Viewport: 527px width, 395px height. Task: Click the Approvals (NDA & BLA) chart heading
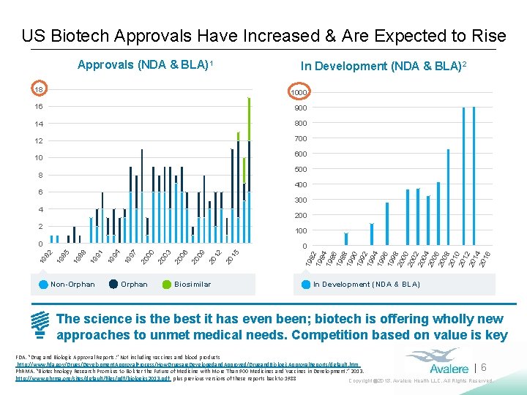point(145,64)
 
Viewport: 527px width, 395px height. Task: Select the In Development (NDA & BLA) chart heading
point(384,66)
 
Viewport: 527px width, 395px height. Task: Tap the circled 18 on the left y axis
point(39,89)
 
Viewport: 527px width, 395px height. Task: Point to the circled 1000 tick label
point(298,93)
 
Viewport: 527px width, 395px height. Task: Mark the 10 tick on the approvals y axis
point(40,158)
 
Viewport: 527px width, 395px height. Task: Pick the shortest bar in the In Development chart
point(346,238)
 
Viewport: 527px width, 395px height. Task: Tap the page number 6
point(484,369)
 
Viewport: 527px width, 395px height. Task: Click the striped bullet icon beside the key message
point(41,326)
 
